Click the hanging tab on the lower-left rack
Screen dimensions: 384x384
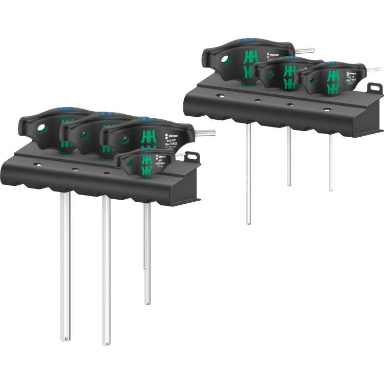pos(191,157)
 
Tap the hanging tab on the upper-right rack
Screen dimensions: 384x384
pos(375,88)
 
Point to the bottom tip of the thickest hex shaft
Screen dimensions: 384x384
pos(106,342)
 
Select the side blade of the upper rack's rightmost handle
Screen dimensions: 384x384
pos(373,69)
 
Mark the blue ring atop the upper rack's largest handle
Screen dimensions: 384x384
pos(248,40)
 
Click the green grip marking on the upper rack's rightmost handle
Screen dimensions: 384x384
pos(333,82)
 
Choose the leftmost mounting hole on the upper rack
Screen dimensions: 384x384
pos(220,95)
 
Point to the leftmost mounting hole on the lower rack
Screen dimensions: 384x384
pos(37,165)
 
